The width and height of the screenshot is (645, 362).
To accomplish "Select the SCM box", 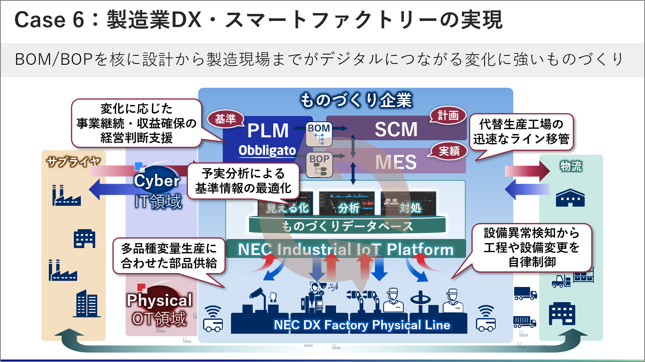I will [x=396, y=130].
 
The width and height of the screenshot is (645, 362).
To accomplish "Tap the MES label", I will [x=396, y=162].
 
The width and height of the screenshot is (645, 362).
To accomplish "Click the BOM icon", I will [x=319, y=134].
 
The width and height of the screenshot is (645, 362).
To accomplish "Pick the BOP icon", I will [x=319, y=164].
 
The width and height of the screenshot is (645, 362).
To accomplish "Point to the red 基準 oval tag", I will [x=225, y=119].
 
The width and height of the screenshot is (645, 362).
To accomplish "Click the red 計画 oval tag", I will [x=448, y=116].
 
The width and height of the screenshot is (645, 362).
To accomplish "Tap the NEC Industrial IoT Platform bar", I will [x=345, y=249].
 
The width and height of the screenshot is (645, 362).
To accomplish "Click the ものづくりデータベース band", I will [x=347, y=226].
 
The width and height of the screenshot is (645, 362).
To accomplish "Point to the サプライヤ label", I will [x=73, y=162].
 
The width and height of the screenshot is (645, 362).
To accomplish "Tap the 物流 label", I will [x=571, y=166].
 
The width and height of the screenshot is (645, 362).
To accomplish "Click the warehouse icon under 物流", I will [x=570, y=198].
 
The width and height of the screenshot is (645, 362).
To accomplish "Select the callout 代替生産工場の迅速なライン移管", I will [x=521, y=132].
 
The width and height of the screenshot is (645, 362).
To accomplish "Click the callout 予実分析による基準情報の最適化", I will [x=243, y=181].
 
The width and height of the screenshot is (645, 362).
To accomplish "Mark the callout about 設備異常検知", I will [x=532, y=247].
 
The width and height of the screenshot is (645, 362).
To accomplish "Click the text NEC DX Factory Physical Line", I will [x=361, y=325].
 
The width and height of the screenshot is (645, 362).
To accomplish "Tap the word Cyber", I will [x=156, y=181].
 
